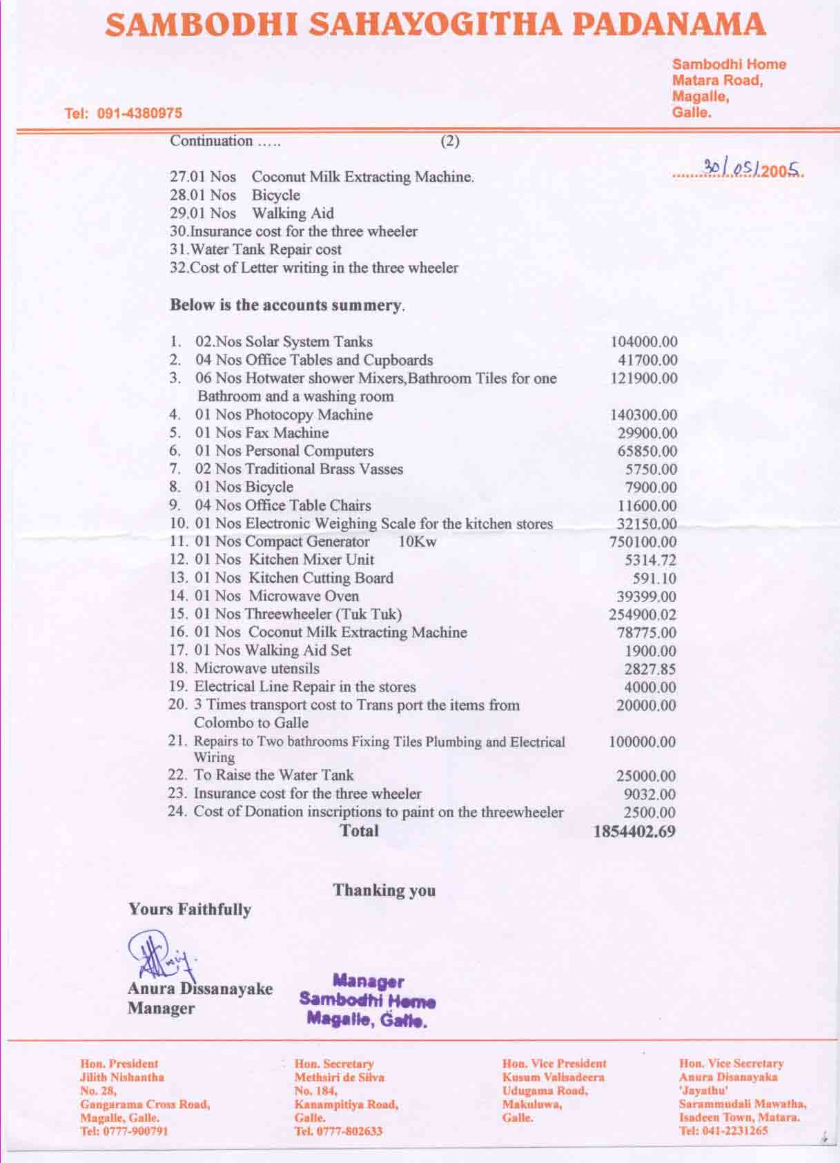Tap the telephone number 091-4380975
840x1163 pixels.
click(x=141, y=113)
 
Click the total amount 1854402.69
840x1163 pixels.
click(x=634, y=832)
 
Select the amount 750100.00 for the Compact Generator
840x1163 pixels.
click(x=643, y=543)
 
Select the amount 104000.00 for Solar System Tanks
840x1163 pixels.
click(x=643, y=342)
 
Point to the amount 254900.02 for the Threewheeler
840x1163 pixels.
click(x=643, y=615)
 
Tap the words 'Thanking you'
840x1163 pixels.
click(x=384, y=890)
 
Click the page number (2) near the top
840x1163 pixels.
click(x=450, y=141)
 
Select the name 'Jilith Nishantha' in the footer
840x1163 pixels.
click(x=122, y=1077)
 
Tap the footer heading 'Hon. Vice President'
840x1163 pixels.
click(x=554, y=1064)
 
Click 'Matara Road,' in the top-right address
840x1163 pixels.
click(x=717, y=80)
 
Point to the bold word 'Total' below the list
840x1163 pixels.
click(x=360, y=830)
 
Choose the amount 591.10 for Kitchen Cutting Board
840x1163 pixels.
click(x=654, y=578)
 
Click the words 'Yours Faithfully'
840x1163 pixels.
click(x=190, y=910)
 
